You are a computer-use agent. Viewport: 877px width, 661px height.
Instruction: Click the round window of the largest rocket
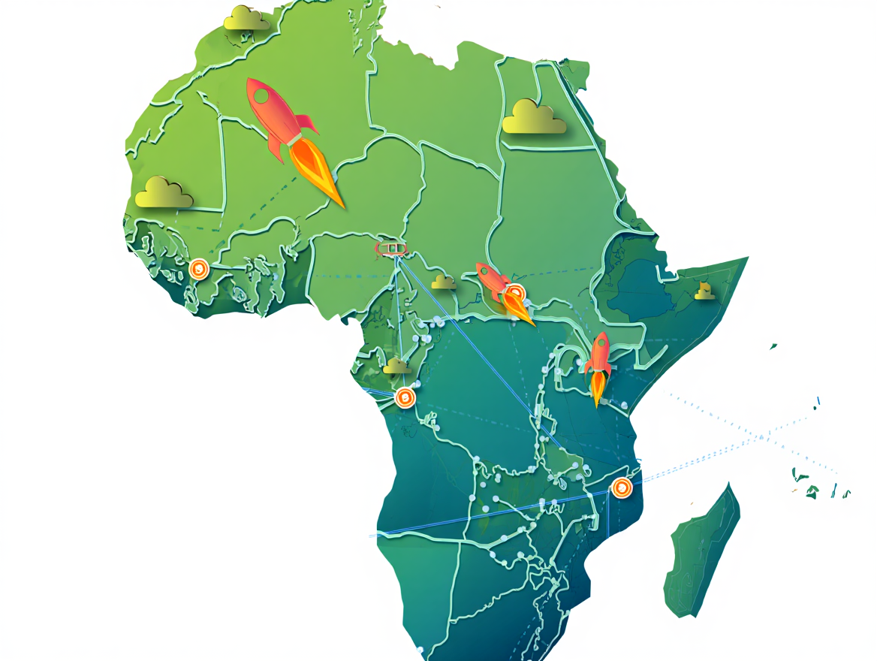tap(262, 96)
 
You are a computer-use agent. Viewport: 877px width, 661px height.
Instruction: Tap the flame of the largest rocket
tap(316, 172)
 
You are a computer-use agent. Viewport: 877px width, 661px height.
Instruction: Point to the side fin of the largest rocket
tap(307, 122)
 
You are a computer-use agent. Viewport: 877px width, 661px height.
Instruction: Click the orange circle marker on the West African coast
tap(198, 268)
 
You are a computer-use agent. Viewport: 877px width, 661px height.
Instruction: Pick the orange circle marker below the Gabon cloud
tap(405, 397)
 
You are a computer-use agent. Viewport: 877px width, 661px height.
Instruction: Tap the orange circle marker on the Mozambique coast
tap(621, 487)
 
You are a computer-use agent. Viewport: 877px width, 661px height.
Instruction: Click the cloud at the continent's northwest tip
tap(246, 18)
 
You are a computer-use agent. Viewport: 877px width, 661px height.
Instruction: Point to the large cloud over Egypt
tap(533, 118)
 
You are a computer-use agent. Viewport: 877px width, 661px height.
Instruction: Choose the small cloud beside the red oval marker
tap(443, 282)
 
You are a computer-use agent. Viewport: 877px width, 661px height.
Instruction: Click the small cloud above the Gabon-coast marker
tap(397, 367)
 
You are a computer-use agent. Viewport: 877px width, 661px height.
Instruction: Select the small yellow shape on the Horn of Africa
tap(704, 291)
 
